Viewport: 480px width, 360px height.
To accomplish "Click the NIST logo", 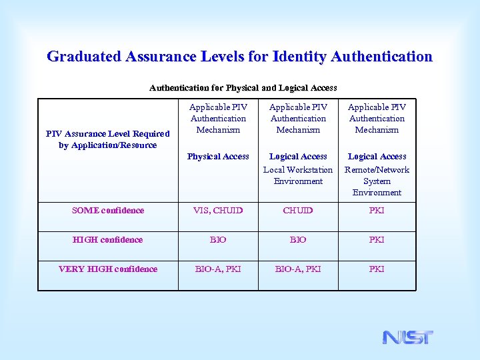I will (x=407, y=337).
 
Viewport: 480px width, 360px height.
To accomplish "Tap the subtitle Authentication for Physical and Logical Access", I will (x=243, y=87).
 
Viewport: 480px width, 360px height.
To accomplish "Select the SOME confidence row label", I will (x=108, y=211).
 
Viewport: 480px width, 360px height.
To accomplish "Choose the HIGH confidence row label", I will (x=108, y=240).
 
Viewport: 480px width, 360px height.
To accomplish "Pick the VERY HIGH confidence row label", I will (x=108, y=269).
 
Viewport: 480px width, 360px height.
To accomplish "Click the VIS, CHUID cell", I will (x=218, y=211).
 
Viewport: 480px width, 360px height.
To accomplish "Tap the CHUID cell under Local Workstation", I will (x=298, y=211).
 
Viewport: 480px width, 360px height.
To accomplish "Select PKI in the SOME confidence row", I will (x=377, y=211).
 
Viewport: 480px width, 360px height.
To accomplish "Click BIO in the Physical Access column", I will (x=218, y=240).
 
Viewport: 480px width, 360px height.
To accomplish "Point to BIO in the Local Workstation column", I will (x=298, y=240).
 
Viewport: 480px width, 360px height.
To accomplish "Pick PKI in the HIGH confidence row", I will (x=377, y=240).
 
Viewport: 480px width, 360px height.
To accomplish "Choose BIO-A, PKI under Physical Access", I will (x=218, y=269).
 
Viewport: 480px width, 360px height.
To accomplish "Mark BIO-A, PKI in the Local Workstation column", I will (x=298, y=269).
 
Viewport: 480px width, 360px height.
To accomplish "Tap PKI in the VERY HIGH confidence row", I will (x=377, y=269).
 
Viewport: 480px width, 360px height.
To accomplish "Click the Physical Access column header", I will (x=218, y=157).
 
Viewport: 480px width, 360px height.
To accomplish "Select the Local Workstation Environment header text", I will (x=298, y=175).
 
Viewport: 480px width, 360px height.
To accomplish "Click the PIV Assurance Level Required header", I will (x=108, y=139).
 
